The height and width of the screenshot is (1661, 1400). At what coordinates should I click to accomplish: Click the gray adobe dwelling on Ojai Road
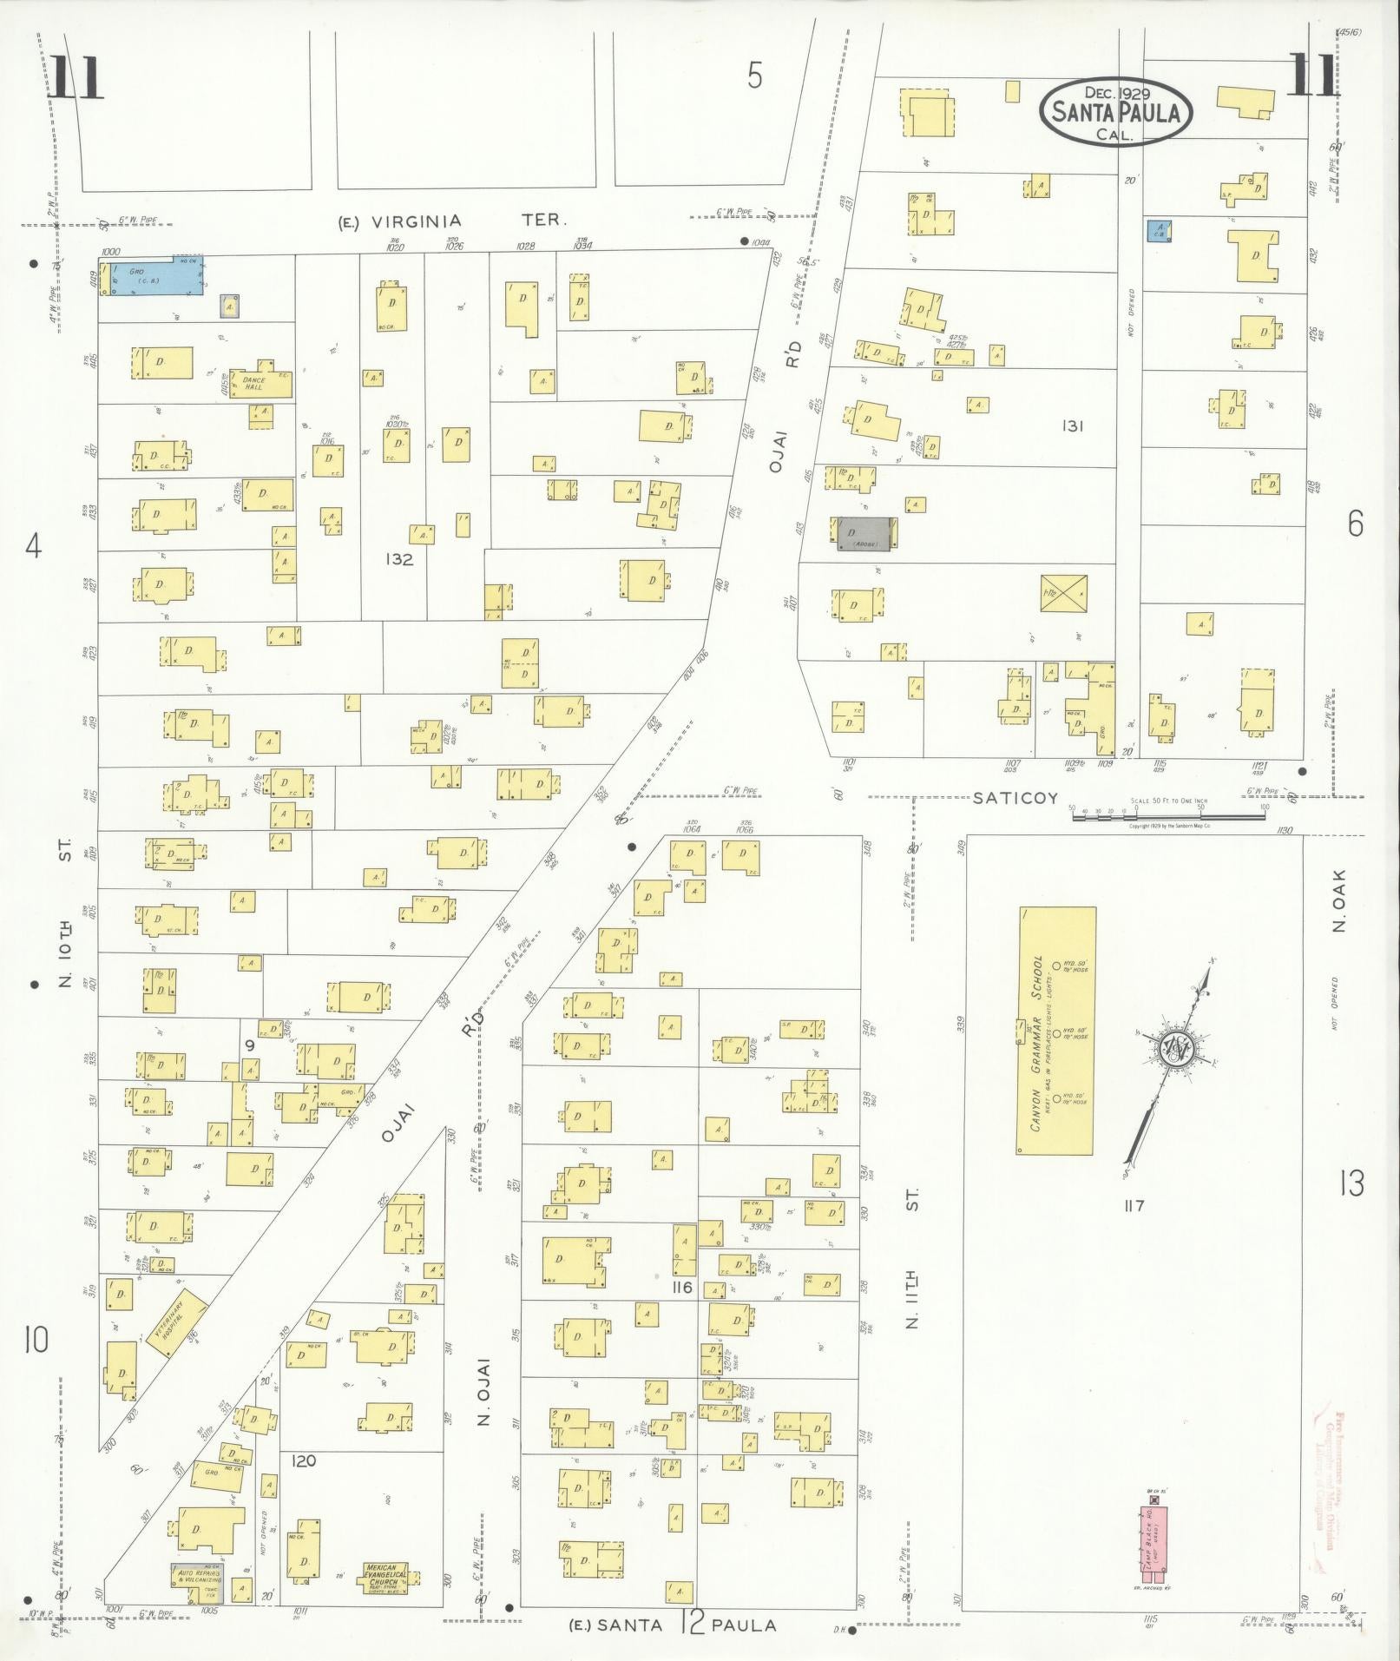pos(864,533)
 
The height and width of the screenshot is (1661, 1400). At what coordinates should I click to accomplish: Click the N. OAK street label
pos(1338,900)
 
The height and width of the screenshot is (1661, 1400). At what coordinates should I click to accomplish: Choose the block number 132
pos(399,559)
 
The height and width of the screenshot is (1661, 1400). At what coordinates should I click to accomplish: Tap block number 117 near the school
pos(1133,1205)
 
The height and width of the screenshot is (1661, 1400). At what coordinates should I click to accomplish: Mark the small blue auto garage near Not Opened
pos(1158,231)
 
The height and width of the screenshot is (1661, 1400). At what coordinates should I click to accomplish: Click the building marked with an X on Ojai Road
pos(1063,593)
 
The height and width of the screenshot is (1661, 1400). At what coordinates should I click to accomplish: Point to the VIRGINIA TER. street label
pos(450,221)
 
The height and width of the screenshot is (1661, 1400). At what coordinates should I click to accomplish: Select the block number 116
pos(682,1287)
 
